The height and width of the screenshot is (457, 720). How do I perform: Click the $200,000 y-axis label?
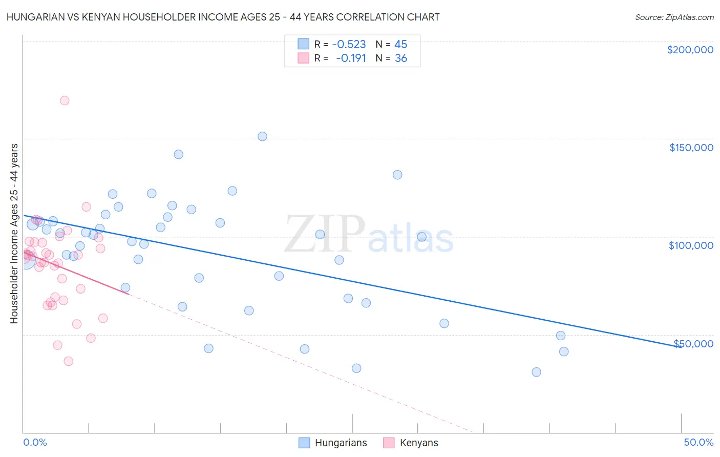click(690, 50)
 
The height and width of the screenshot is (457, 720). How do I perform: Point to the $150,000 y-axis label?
click(691, 148)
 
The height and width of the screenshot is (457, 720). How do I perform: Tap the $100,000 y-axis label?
click(691, 245)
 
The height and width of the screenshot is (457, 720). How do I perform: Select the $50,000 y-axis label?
click(693, 344)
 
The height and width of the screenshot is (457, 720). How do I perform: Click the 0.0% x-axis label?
click(35, 442)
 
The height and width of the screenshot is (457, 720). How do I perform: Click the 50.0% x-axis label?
click(698, 442)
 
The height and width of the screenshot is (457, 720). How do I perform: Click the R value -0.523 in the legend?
click(349, 44)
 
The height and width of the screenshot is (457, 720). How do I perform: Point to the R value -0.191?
click(351, 58)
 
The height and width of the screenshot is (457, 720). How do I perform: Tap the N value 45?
click(400, 44)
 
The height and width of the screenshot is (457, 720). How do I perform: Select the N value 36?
click(400, 58)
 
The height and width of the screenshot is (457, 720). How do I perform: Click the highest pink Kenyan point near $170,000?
click(65, 100)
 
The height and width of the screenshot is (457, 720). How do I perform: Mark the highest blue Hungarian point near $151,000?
click(262, 136)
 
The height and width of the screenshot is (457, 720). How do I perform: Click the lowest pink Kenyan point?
click(68, 361)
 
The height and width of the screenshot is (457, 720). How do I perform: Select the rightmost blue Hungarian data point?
click(564, 351)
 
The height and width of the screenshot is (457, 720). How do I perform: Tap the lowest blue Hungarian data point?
click(536, 372)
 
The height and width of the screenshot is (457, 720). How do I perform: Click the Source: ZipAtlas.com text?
click(674, 17)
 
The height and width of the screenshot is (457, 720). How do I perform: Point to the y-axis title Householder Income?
click(14, 234)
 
